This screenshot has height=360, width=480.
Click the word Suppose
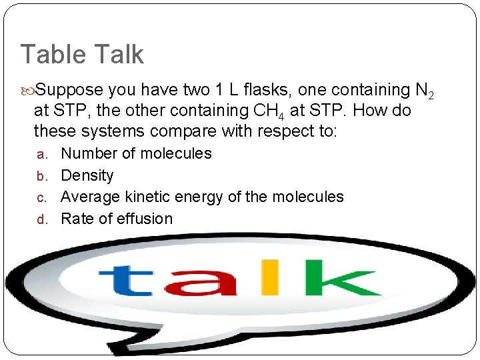tap(69, 90)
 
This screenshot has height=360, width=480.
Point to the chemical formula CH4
tap(267, 111)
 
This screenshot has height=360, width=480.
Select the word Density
tap(87, 175)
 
